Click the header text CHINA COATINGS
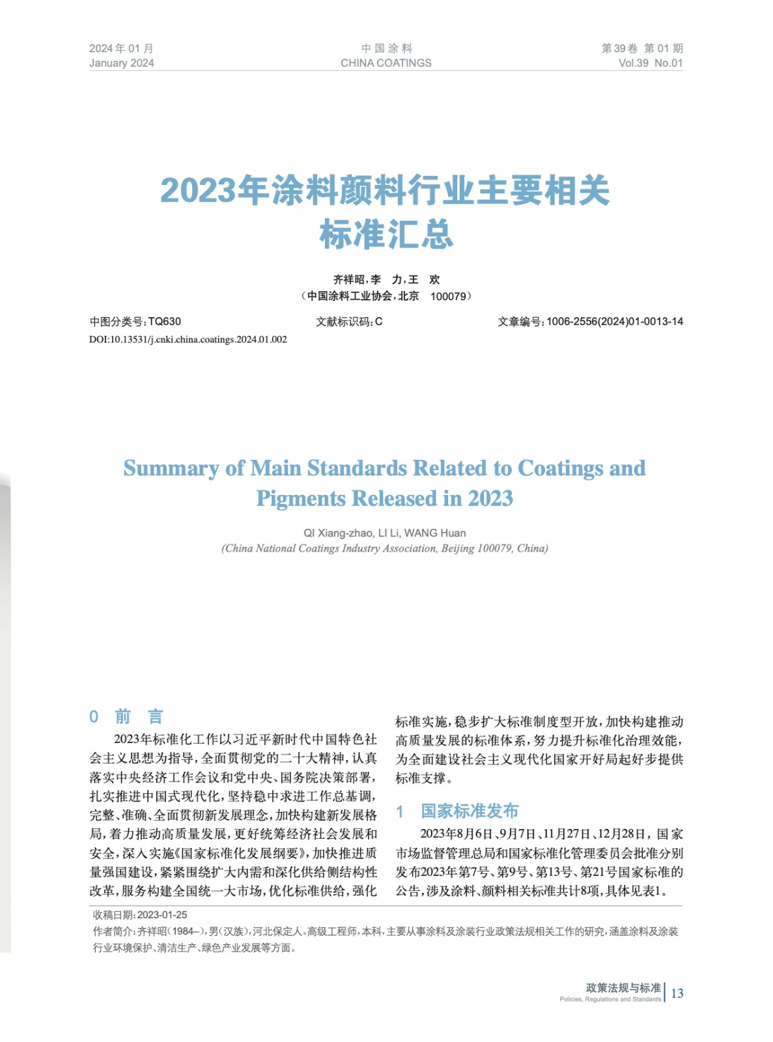[x=386, y=63]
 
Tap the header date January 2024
[x=122, y=63]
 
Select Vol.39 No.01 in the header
[x=650, y=63]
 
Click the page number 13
[x=677, y=993]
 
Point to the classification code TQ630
[x=165, y=322]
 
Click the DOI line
[x=188, y=339]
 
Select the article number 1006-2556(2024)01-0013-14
[x=615, y=322]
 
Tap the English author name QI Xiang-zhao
[x=337, y=533]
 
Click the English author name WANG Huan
[x=435, y=533]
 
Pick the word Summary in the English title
[x=171, y=468]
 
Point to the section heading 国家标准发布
[x=470, y=811]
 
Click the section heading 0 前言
[x=126, y=716]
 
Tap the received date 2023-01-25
[x=162, y=915]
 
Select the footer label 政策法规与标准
[x=623, y=988]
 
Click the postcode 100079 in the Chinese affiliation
[x=449, y=296]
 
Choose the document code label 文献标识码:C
[x=349, y=322]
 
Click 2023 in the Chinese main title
[x=197, y=191]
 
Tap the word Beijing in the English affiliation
[x=458, y=548]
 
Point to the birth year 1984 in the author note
[x=184, y=932]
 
